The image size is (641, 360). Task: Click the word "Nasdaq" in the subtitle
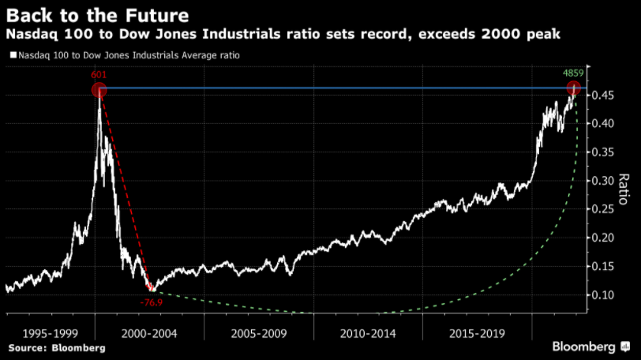tap(32, 35)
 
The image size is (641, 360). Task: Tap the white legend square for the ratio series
tap(12, 55)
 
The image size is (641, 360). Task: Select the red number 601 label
tap(99, 75)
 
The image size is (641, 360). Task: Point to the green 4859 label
tap(573, 73)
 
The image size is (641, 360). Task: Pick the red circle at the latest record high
tap(574, 90)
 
